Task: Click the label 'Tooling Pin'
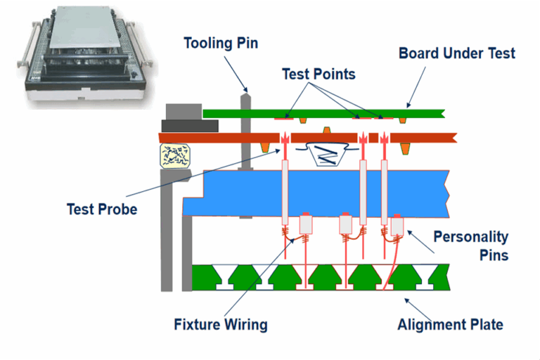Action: pyautogui.click(x=221, y=44)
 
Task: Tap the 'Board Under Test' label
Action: pyautogui.click(x=457, y=53)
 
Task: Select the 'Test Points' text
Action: pyautogui.click(x=319, y=74)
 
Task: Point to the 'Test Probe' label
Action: pyautogui.click(x=102, y=209)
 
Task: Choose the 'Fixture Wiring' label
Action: pyautogui.click(x=221, y=324)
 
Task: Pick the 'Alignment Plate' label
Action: pyautogui.click(x=450, y=324)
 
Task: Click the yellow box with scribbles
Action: pyautogui.click(x=175, y=155)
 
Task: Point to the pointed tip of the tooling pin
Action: pyautogui.click(x=245, y=91)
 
